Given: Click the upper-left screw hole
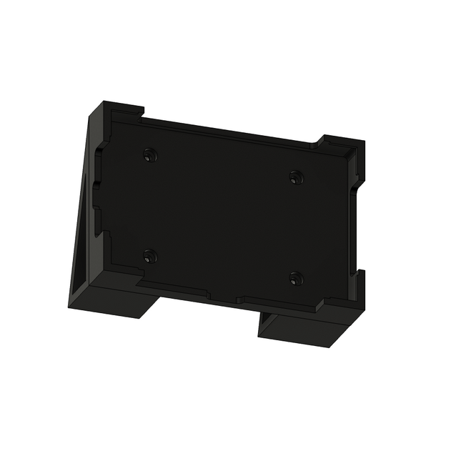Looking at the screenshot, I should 149,154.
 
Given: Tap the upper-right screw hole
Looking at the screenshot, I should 295,177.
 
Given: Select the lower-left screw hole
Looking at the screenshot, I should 149,255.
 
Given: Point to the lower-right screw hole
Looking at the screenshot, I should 296,277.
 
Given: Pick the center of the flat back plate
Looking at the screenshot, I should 222,214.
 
